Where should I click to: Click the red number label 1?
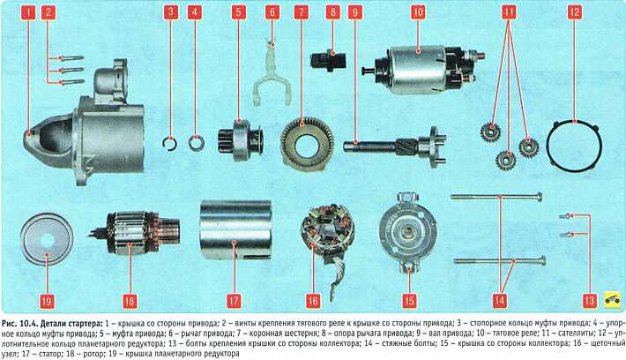(x=28, y=12)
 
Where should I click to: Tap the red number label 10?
(x=418, y=12)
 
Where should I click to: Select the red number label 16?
(x=313, y=301)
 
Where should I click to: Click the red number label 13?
(x=589, y=301)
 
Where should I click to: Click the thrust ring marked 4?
(x=197, y=144)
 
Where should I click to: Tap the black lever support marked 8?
(x=328, y=60)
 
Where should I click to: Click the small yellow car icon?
(x=612, y=301)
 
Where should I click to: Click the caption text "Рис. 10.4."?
(x=19, y=323)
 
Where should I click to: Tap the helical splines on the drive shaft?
(x=406, y=146)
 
